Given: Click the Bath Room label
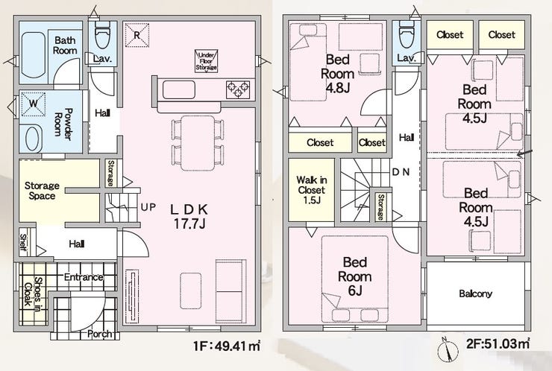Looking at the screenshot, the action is coord(65,45).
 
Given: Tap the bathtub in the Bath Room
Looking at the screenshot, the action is coord(33,54).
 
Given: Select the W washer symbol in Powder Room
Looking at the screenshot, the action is coord(34,104).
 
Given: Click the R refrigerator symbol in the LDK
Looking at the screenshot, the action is coord(137,35).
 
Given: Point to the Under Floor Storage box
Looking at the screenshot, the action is coord(207,61).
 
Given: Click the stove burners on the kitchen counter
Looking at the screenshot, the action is coord(238,89).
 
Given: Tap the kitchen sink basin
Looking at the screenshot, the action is coord(178,89).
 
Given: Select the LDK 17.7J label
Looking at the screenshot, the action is coord(189,217).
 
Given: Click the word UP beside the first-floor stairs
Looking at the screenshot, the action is coord(148,207).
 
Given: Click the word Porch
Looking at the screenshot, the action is coord(100,334).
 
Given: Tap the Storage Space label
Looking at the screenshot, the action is coord(42,191).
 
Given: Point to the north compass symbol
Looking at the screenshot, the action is coord(448,350).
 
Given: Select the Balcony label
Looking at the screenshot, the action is coord(475,294).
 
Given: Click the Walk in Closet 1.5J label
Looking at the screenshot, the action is coord(312,190).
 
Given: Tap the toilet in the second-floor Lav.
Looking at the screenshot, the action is coord(407,36).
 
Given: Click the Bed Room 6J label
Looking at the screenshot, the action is coord(355,276).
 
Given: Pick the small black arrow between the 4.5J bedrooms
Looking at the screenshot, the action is coord(524,153).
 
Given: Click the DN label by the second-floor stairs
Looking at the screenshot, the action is coord(401,172).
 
